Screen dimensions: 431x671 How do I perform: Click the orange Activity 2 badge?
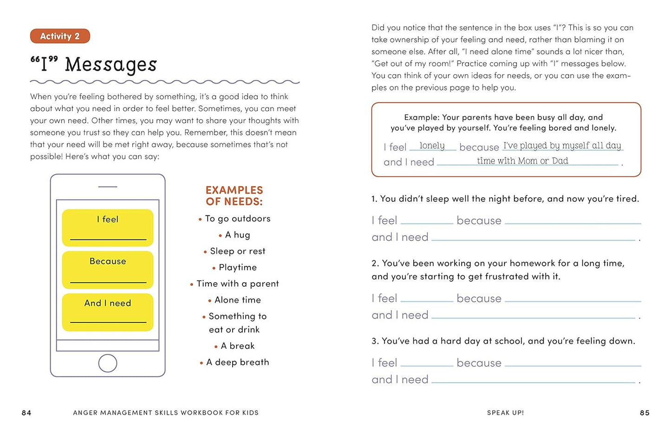[60, 36]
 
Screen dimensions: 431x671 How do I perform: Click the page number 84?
[26, 412]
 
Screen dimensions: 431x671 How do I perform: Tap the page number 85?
[645, 412]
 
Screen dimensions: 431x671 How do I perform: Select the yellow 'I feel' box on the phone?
[108, 227]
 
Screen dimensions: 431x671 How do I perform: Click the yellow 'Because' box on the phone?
[108, 270]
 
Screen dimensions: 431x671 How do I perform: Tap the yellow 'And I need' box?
[108, 312]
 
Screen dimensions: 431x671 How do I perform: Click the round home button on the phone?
[108, 363]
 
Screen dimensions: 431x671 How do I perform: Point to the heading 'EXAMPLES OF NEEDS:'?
[234, 196]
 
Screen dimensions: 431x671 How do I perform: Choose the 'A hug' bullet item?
[237, 235]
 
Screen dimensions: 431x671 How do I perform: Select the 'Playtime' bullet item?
[237, 267]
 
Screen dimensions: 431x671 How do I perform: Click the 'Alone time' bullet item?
[237, 300]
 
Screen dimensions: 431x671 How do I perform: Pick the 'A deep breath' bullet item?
[237, 362]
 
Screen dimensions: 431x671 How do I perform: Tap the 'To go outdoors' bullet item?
[237, 219]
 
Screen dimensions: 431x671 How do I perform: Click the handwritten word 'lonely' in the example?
[432, 146]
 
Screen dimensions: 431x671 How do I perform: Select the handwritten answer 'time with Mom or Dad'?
[522, 161]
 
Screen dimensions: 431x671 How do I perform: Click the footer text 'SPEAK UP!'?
[505, 412]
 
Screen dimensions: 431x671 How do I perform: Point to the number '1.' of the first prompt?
[374, 199]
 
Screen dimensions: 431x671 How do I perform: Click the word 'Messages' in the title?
[111, 64]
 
